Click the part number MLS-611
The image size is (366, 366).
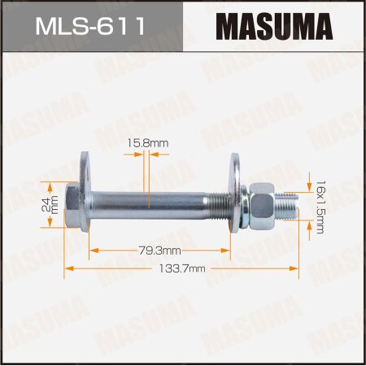coord(91,25)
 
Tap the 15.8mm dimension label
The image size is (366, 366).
coord(171,143)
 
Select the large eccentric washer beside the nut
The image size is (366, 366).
coord(241,195)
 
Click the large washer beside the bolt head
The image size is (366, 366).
coord(86,195)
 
